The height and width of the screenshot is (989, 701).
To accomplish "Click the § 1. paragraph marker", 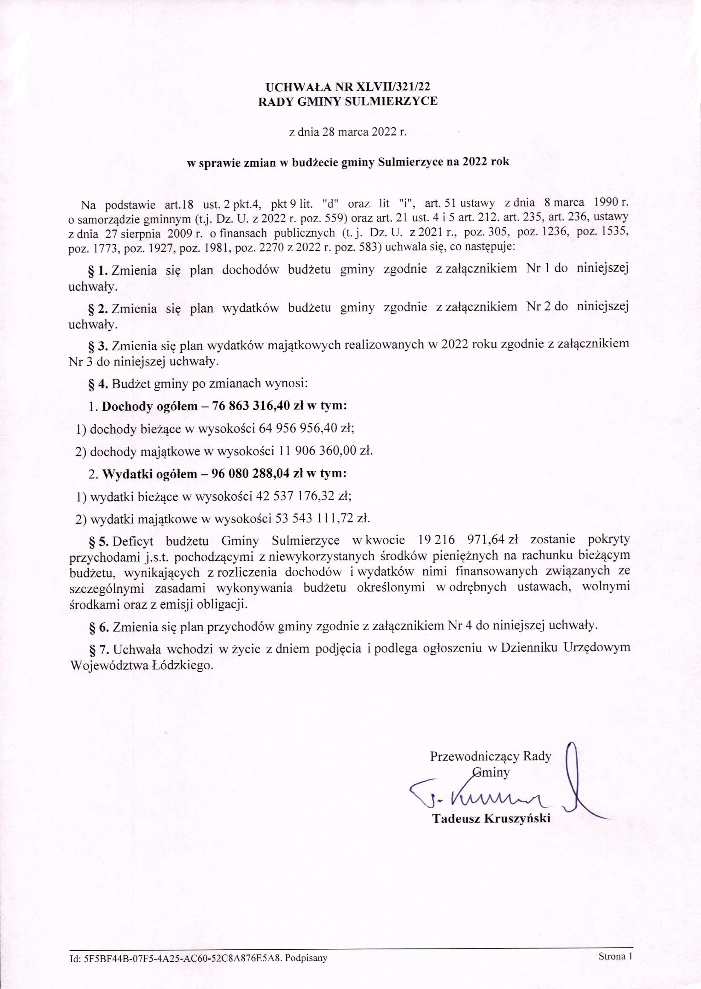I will tap(97, 269).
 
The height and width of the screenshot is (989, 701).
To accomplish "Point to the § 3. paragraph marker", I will tap(97, 346).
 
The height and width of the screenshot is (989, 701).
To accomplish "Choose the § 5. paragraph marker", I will tap(97, 540).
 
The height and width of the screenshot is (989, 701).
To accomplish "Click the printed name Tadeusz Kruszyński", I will tap(492, 819).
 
